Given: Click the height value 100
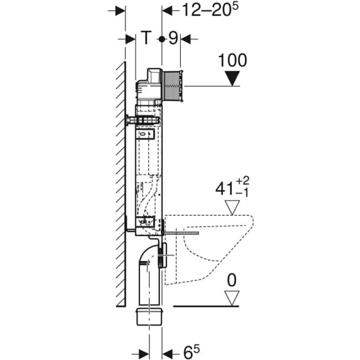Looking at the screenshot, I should (232, 60).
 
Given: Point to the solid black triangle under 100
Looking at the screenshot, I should (233, 79).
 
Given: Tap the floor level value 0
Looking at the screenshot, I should (232, 281).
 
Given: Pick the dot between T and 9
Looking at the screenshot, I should (162, 40).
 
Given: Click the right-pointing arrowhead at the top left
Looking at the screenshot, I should (119, 11).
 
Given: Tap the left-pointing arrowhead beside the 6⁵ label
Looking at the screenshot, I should (168, 351).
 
